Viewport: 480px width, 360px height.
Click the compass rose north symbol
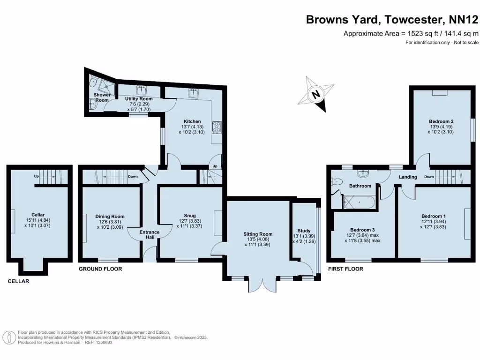tap(316, 94)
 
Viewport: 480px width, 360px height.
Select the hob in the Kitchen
tap(217, 127)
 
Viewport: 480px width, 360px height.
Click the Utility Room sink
tap(142, 90)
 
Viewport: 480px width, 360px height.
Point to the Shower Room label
tap(102, 97)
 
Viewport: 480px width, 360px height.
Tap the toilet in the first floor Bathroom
tap(337, 181)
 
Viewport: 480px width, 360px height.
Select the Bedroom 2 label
tap(441, 121)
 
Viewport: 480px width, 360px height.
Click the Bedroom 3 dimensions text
tap(363, 238)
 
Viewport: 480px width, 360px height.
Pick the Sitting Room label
tap(257, 234)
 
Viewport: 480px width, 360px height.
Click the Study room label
tap(304, 231)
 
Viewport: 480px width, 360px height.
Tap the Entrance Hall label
tap(150, 234)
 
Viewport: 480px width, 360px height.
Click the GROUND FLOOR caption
tap(100, 269)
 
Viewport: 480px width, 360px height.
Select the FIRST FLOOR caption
tap(345, 269)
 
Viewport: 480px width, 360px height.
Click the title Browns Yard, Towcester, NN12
tap(392, 20)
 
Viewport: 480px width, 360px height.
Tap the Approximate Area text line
tap(411, 33)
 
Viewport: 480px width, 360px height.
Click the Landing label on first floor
tap(408, 177)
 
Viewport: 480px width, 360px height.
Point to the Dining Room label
tap(110, 217)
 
